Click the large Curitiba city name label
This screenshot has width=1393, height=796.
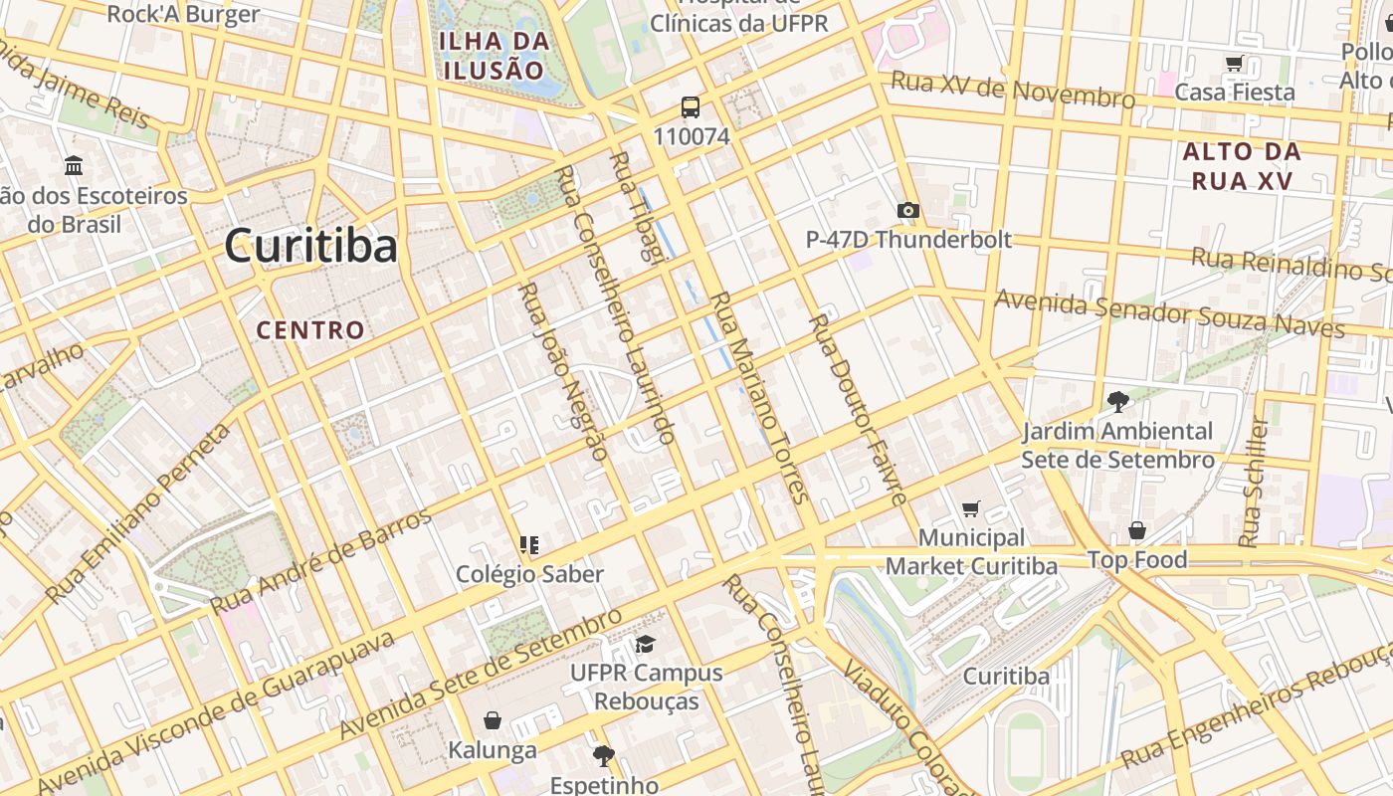(310, 246)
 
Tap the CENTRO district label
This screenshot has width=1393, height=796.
(310, 330)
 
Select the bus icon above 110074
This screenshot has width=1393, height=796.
(691, 107)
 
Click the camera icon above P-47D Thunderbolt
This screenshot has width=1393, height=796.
(907, 210)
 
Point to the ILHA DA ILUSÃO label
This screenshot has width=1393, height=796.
(495, 56)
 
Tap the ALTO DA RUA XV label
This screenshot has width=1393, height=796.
(1242, 166)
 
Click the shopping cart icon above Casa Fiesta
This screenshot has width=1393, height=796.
(1235, 64)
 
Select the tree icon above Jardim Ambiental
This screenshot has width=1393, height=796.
(1117, 402)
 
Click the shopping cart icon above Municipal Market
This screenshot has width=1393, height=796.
(971, 508)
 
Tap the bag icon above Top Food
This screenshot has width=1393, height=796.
(1136, 530)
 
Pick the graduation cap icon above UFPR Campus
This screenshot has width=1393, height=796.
(646, 644)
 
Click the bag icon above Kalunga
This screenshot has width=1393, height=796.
(492, 719)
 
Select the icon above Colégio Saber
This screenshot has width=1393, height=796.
(529, 544)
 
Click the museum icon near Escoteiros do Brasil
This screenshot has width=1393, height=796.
(73, 165)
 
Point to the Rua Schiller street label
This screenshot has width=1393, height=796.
(1253, 483)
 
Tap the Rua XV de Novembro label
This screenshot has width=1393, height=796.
(1012, 90)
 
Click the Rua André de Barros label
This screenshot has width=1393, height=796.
(321, 562)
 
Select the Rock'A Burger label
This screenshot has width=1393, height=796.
(183, 14)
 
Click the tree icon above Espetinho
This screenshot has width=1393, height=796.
(603, 755)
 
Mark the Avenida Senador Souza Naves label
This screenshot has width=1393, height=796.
(1169, 314)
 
